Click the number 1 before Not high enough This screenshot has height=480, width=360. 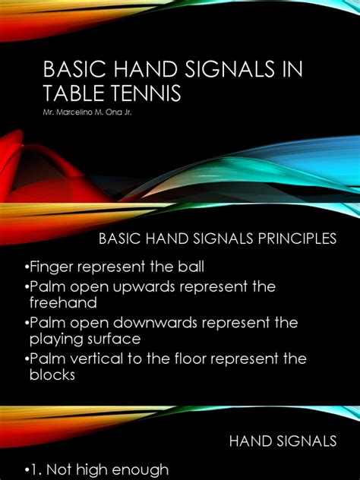(33, 469)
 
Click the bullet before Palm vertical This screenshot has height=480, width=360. (26, 359)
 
